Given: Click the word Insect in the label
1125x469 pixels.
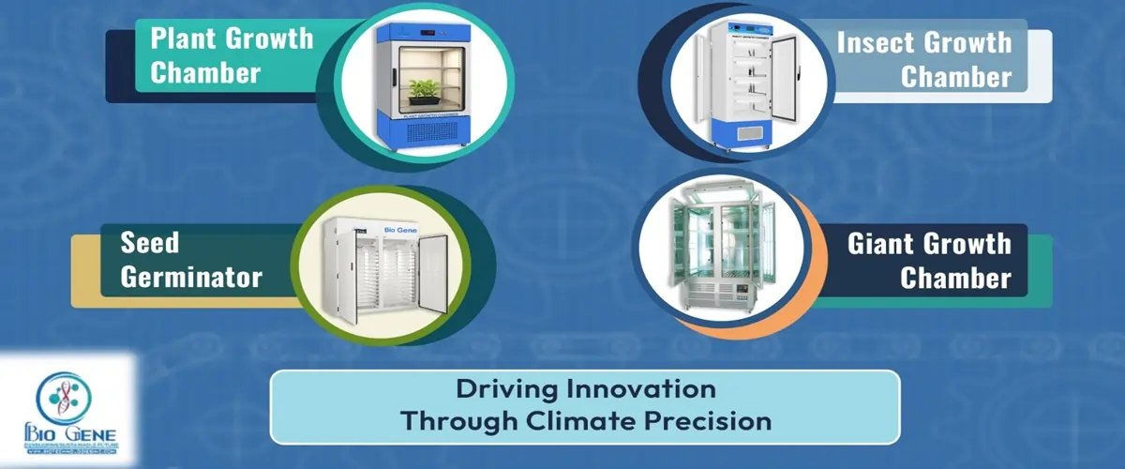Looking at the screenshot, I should click(877, 42).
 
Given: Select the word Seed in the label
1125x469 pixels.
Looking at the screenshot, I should click(149, 243).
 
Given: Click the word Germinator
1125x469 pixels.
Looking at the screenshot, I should click(190, 278).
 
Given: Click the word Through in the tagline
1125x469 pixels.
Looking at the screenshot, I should click(455, 419).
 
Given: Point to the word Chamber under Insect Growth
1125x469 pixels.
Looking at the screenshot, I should click(956, 77).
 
